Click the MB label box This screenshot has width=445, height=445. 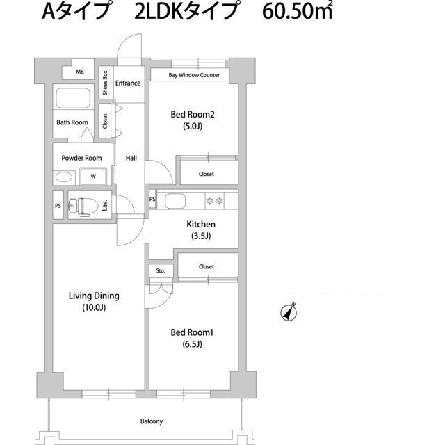pyautogui.click(x=80, y=72)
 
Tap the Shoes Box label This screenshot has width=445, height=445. pyautogui.click(x=104, y=83)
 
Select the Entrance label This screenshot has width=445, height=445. pyautogui.click(x=128, y=83)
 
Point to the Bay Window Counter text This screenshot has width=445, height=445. pyautogui.click(x=194, y=75)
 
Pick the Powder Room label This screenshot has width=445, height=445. pyautogui.click(x=81, y=158)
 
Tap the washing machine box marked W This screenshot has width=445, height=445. pyautogui.click(x=92, y=177)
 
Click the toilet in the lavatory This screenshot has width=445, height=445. pyautogui.click(x=82, y=206)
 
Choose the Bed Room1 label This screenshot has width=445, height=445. pyautogui.click(x=192, y=333)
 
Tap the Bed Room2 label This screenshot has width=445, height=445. pyautogui.click(x=192, y=115)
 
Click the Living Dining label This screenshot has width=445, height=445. pyautogui.click(x=94, y=296)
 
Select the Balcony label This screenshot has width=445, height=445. pyautogui.click(x=150, y=421)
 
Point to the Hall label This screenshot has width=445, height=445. pyautogui.click(x=131, y=158)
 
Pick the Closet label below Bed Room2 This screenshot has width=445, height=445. pyautogui.click(x=207, y=174)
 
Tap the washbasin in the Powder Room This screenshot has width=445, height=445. pyautogui.click(x=64, y=177)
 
